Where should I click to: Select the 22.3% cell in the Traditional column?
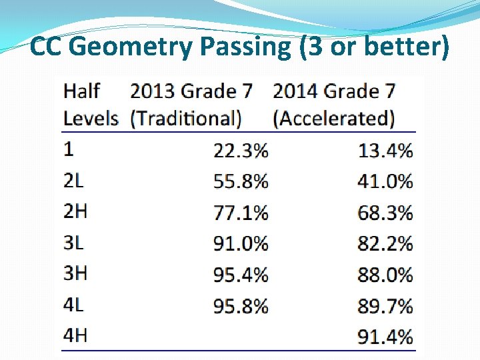241,151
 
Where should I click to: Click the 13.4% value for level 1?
385,151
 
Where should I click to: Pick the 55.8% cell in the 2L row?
241,181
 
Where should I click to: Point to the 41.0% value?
385,181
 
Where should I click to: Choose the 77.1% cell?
241,213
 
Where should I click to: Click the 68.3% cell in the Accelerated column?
385,213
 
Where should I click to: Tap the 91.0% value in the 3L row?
241,243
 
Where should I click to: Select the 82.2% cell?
385,243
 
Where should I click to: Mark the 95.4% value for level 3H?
241,275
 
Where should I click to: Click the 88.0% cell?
385,275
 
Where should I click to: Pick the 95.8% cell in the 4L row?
241,306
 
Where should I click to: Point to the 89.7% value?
385,306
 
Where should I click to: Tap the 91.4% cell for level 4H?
385,337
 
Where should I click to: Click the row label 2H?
75,211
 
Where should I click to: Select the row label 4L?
74,305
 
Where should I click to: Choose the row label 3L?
73,242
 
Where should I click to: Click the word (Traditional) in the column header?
186,119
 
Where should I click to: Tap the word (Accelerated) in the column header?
333,119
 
